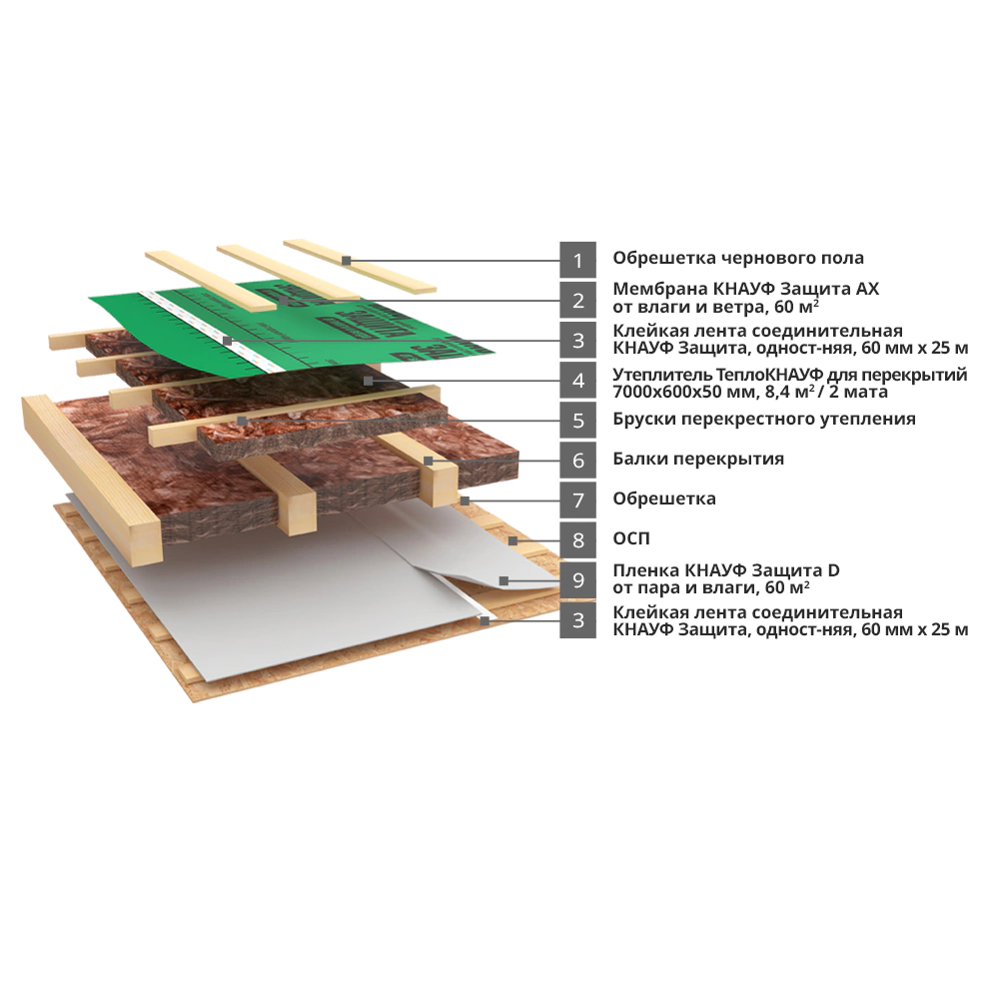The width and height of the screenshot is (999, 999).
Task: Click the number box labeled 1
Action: pos(577,260)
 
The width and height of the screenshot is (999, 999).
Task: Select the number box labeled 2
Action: pos(577,300)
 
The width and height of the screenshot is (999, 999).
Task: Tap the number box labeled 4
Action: pos(577,381)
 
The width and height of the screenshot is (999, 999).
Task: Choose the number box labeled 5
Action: pos(577,421)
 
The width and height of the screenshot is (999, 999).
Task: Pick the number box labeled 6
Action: pos(577,460)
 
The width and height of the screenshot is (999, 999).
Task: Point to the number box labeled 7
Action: pos(577,500)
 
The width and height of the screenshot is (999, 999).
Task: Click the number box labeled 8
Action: pos(577,540)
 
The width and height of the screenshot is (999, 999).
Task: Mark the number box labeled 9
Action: pos(577,580)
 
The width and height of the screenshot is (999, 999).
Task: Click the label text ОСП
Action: pos(631,539)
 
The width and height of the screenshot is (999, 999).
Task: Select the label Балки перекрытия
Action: pos(698,460)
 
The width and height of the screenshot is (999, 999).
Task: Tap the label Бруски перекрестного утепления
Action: pos(764,420)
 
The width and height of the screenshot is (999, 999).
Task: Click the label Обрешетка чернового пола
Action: pos(738,258)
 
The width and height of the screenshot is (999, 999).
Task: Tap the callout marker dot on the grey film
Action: pos(503,580)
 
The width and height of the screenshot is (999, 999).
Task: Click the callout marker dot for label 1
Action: pos(346,261)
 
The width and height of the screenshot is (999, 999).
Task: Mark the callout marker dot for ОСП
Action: pos(513,540)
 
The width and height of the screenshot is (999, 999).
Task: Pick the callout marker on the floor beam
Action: pos(429,461)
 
